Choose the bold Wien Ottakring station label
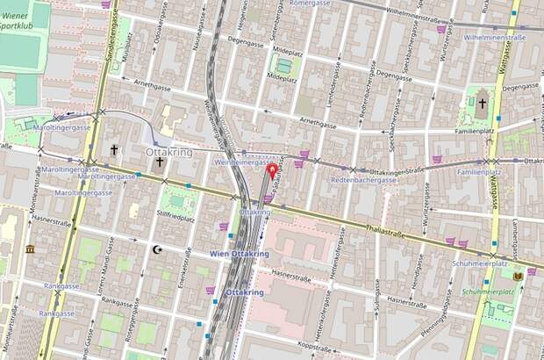click(x=240, y=254)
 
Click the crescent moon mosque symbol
click(x=158, y=250)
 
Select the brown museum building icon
click(x=31, y=250)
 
